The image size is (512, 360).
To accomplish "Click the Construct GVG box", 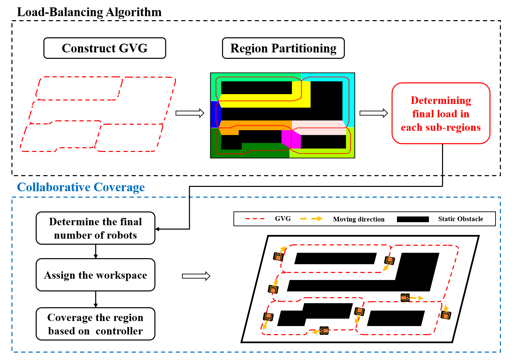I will point(105,48).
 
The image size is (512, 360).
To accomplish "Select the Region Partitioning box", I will point(283,48).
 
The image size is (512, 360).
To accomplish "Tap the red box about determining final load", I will point(441,114).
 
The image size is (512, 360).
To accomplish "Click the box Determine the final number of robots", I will point(96,228).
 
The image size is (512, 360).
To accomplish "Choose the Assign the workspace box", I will point(96,275).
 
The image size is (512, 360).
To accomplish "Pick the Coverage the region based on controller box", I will point(96,324).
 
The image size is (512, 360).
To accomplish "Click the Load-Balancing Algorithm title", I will point(89,12).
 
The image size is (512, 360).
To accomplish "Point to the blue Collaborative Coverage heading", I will point(81,187).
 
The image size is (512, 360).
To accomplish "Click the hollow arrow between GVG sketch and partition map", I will point(190,113).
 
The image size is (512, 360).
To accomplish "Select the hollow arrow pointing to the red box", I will point(373,113).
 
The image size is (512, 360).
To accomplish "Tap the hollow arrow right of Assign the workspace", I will point(196,276).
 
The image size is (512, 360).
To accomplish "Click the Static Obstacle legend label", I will point(461,219).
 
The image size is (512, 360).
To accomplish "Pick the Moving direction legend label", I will point(359,219).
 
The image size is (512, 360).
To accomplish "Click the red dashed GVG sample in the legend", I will point(255,219).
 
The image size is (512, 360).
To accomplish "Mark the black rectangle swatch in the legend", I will point(413,219).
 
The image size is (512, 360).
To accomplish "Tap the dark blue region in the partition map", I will point(215,114).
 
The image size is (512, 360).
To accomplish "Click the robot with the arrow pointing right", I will point(405,297).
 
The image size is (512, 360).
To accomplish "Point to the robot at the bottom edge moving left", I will point(324,330).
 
